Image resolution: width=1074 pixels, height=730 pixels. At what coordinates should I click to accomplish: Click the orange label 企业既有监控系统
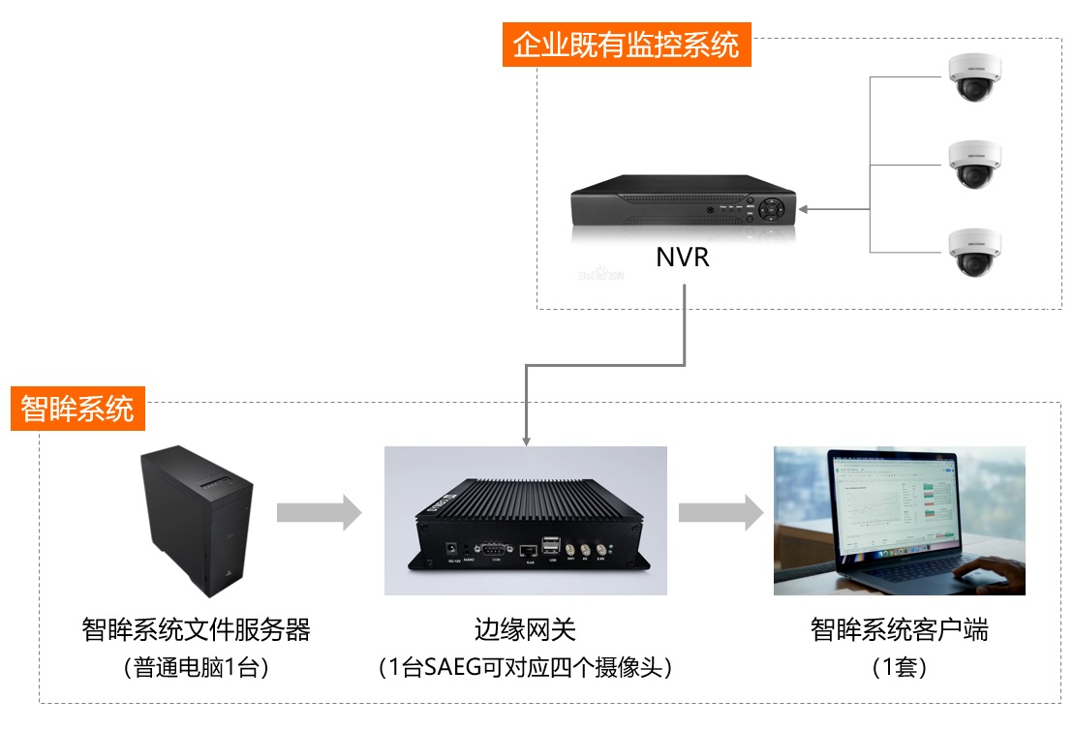626,45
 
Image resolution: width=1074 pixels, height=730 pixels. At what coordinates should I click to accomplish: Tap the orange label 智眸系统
77,409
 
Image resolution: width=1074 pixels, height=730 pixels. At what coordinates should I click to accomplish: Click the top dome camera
974,77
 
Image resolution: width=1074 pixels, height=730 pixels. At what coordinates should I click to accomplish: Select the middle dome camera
974,165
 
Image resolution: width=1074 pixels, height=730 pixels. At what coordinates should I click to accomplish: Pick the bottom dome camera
974,252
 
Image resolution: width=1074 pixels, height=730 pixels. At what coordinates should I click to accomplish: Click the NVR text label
683,258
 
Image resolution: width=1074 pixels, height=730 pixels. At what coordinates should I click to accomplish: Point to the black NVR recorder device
682,206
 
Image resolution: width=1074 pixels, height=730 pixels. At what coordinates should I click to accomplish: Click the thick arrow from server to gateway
319,512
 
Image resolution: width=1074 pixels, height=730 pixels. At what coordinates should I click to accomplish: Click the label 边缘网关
525,630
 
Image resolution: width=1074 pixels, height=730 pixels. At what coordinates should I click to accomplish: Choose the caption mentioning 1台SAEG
525,668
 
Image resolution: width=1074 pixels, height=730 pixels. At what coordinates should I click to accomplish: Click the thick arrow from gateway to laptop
720,512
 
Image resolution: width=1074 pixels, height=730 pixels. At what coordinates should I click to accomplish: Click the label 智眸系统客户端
899,630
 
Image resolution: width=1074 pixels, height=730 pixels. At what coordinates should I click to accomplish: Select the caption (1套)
899,668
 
